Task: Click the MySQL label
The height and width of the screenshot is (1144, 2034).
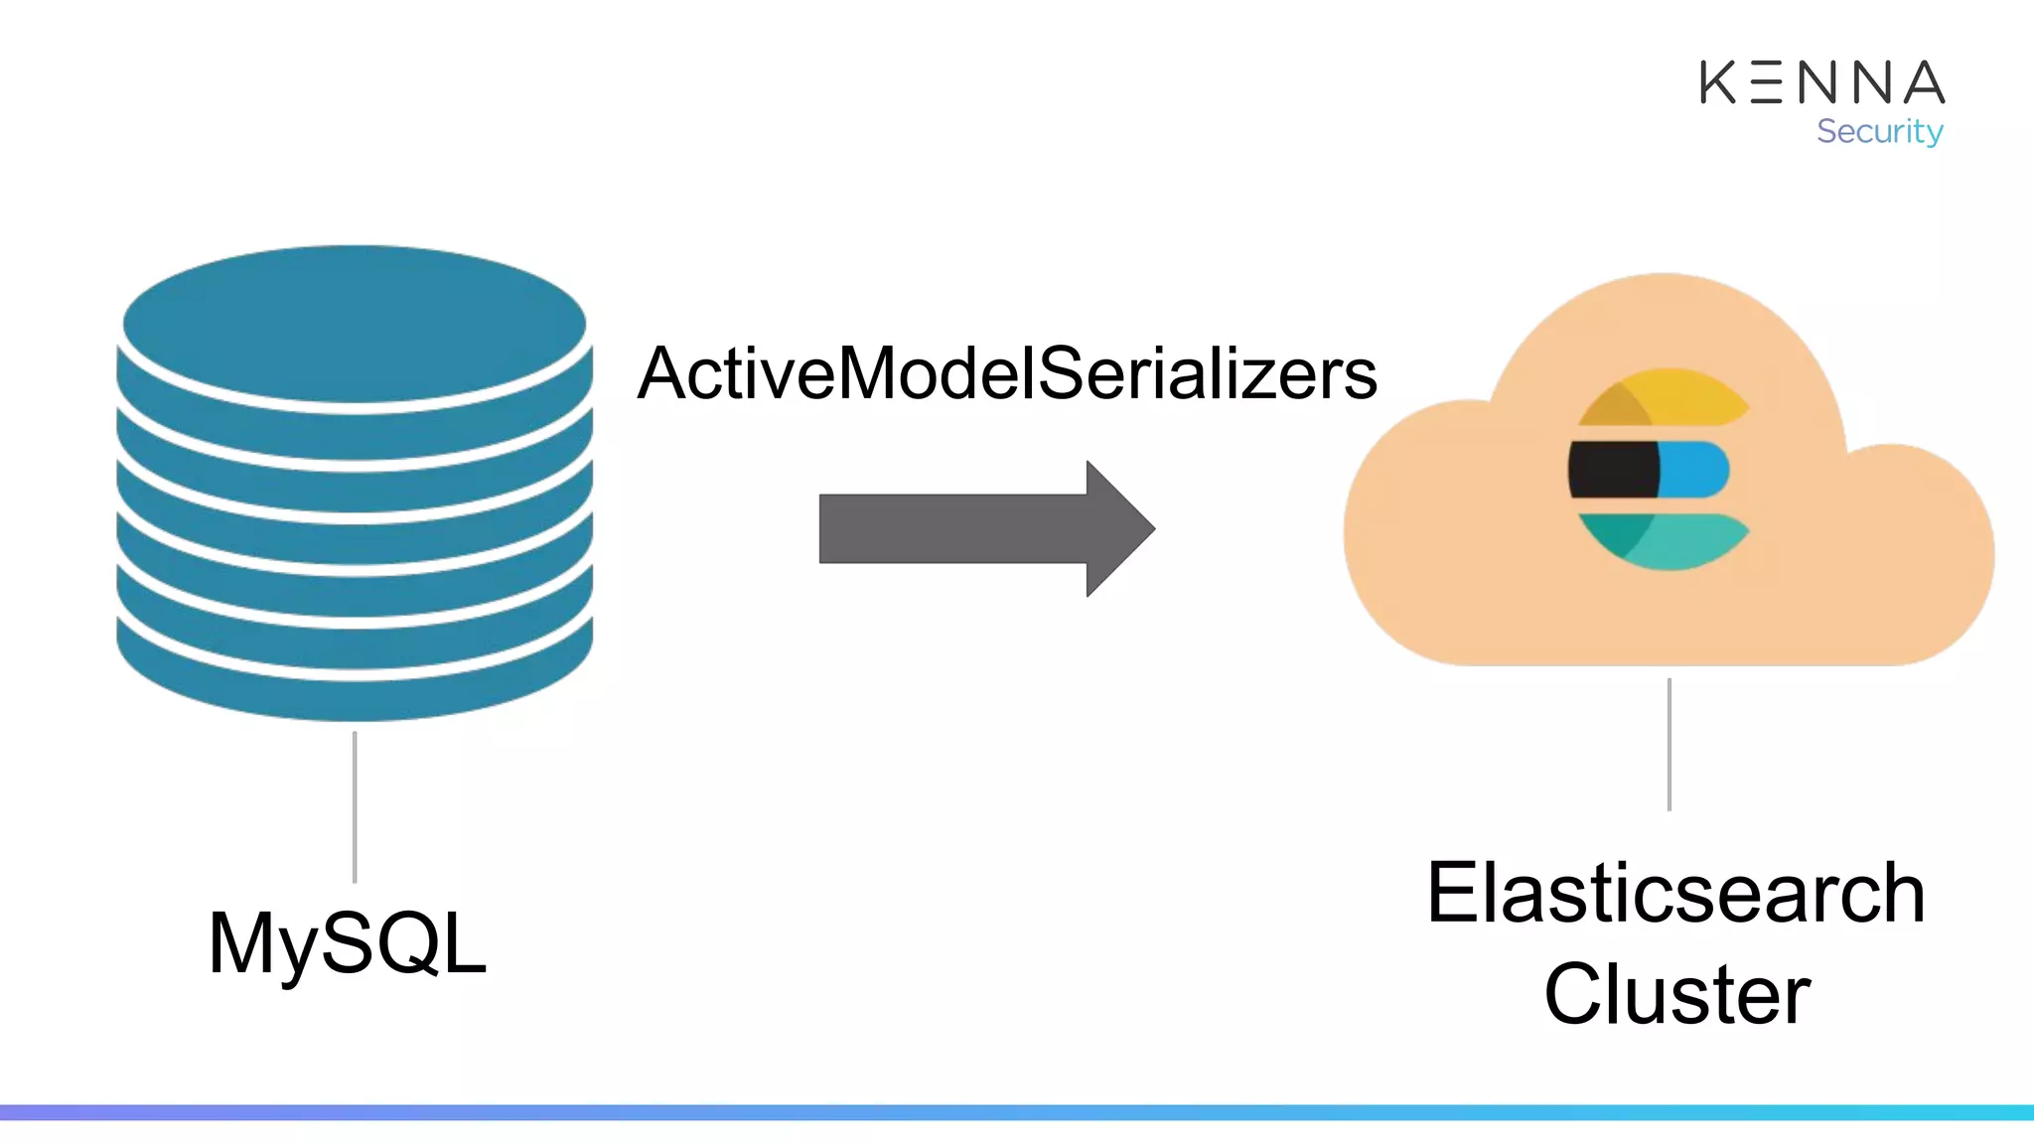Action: point(347,943)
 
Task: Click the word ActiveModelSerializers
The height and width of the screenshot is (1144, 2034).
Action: point(1006,374)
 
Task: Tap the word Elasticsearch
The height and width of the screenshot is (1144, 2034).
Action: point(1675,894)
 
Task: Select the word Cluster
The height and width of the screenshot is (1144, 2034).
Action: point(1676,994)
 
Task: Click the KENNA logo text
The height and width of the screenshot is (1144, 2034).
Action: point(1821,82)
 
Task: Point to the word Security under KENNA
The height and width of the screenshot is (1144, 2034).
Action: point(1879,131)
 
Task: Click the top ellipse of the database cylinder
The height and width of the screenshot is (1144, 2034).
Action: point(355,323)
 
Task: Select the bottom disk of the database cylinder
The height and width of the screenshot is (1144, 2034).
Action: point(355,685)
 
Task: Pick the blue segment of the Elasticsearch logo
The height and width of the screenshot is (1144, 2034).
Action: point(1693,470)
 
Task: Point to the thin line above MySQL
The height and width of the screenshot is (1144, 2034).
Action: point(355,806)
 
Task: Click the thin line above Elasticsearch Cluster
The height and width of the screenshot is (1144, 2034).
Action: point(1670,745)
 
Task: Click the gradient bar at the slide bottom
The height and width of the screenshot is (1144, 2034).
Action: point(1017,1112)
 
